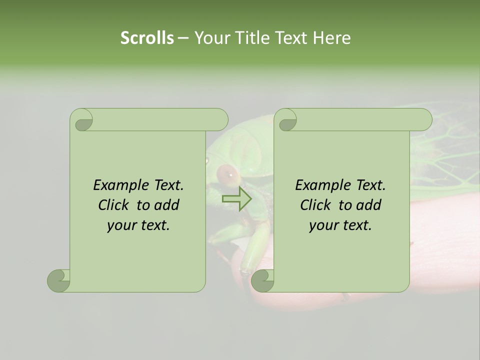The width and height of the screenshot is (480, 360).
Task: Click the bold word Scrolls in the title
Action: tap(147, 38)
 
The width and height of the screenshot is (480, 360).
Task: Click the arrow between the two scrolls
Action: tap(237, 198)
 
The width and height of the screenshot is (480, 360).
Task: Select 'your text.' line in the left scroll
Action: tap(138, 225)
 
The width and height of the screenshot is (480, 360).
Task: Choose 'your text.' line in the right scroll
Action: tap(340, 225)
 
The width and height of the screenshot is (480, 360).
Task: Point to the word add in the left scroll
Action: tap(167, 205)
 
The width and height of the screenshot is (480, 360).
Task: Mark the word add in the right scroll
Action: tap(369, 205)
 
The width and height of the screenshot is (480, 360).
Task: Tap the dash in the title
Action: tap(183, 38)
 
